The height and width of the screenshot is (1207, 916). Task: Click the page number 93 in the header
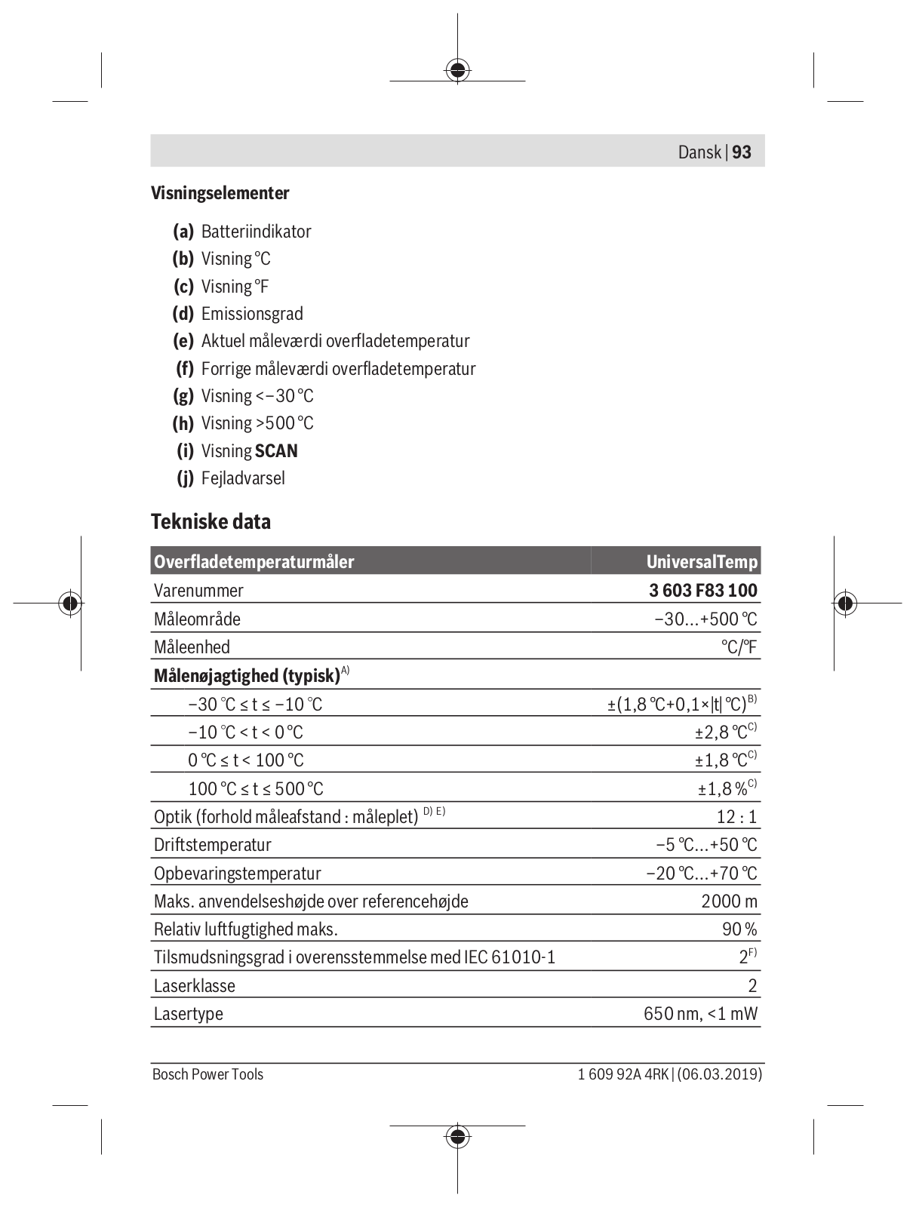(x=742, y=152)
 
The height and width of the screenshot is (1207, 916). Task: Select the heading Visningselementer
(x=220, y=193)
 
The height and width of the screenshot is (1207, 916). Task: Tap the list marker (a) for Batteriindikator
(x=183, y=232)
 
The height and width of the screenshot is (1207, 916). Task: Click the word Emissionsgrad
(x=252, y=314)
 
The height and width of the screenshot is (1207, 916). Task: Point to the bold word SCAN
(x=276, y=451)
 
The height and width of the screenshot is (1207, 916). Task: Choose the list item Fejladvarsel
(x=243, y=478)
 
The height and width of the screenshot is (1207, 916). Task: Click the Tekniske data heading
(x=211, y=521)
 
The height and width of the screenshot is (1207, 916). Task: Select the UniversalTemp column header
(x=702, y=562)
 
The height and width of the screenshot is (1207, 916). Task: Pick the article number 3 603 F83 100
(x=703, y=591)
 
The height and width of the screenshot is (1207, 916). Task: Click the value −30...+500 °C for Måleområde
(x=705, y=619)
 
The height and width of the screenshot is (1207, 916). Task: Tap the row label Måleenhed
(x=192, y=647)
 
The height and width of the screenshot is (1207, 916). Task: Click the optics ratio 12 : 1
(x=736, y=817)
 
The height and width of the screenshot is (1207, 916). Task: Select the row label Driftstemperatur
(x=213, y=845)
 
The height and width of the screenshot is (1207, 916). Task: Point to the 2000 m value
(x=729, y=901)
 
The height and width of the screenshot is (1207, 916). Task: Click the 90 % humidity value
(x=739, y=929)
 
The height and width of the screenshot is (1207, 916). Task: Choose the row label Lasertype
(x=189, y=1014)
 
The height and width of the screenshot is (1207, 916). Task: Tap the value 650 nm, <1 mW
(x=700, y=1014)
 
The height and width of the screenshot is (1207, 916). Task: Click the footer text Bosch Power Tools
(x=207, y=1074)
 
